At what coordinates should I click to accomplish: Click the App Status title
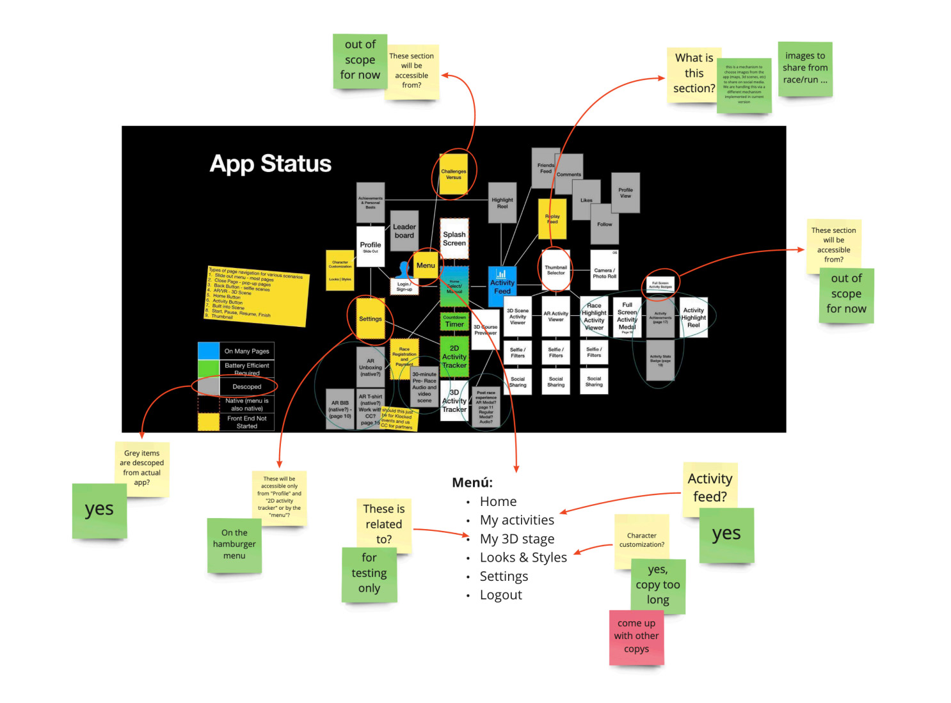[270, 164]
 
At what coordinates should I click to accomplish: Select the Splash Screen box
[454, 239]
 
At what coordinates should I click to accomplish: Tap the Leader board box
[404, 231]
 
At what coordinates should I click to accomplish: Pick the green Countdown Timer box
[454, 321]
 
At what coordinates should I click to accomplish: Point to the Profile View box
[625, 193]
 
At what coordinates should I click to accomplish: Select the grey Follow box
[604, 224]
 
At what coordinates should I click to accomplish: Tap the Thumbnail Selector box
[555, 270]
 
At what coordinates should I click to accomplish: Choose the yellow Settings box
[371, 319]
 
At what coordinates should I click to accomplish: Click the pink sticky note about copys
[636, 637]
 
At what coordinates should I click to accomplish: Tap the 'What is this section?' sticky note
[693, 74]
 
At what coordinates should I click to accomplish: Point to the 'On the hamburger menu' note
[234, 545]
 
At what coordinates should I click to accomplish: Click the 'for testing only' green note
[369, 574]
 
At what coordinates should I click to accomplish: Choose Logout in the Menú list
[500, 595]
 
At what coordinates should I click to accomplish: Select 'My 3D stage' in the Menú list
[517, 539]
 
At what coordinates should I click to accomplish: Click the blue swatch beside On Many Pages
[209, 351]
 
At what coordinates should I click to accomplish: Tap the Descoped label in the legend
[246, 386]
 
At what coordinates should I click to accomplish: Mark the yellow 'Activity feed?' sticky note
[710, 487]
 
